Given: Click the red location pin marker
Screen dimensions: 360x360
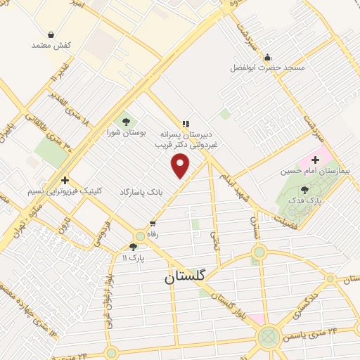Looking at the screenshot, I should coord(181,166).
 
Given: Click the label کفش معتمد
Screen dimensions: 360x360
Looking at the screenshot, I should coord(52,45).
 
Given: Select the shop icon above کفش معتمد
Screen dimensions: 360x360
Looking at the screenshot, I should coord(51,34).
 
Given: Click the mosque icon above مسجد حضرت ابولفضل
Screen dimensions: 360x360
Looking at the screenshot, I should coord(267,58).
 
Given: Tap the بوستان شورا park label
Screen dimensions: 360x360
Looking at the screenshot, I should coord(127,131).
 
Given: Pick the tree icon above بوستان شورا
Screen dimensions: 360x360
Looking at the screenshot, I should coord(127,121).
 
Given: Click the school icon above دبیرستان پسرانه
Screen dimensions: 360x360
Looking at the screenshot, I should coord(186,122).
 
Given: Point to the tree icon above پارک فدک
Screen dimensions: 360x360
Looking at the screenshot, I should coord(304,189).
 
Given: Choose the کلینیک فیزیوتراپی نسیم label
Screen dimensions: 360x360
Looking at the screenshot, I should coord(65,191).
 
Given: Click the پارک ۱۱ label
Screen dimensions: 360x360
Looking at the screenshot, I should coord(133,257).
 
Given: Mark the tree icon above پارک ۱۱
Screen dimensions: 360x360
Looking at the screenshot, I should coord(133,247).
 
